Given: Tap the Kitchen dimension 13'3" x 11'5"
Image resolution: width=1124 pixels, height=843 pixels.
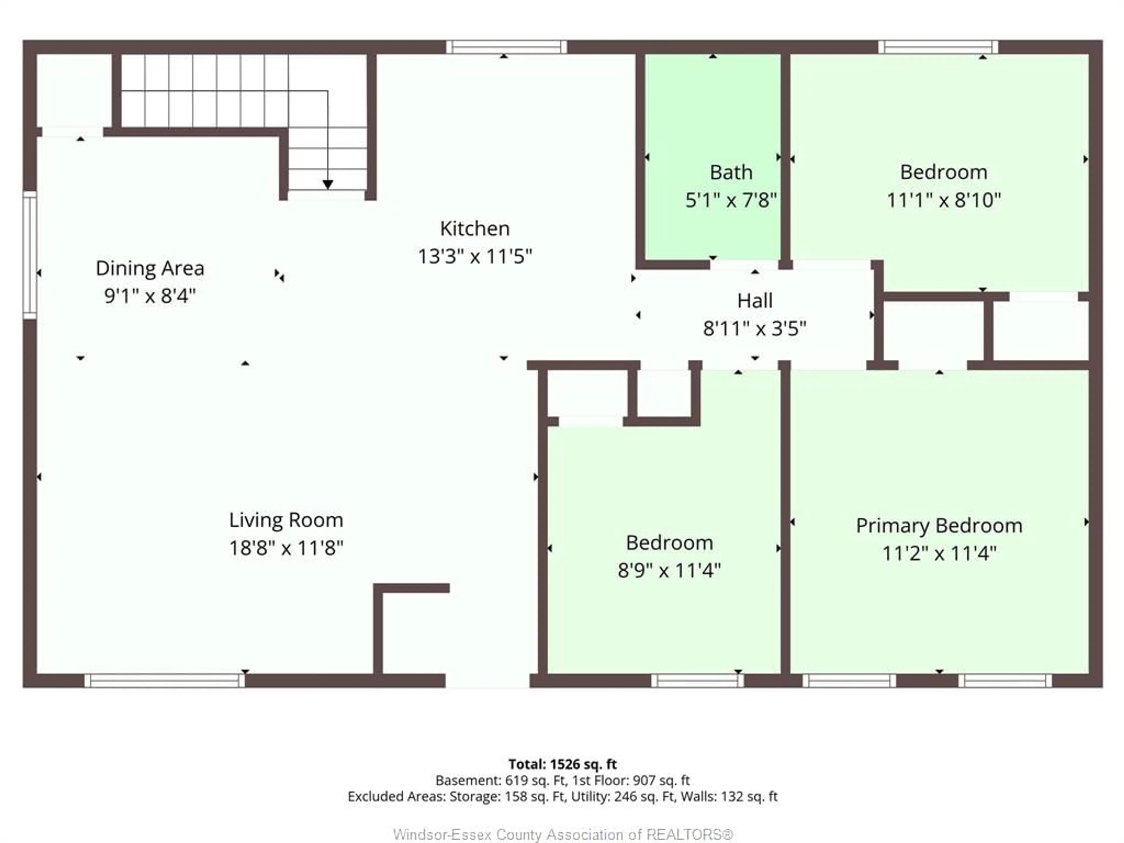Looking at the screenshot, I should (474, 256).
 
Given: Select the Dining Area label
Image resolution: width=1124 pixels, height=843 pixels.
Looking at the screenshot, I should (150, 268).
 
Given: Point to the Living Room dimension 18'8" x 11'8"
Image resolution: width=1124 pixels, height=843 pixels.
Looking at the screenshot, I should (286, 548).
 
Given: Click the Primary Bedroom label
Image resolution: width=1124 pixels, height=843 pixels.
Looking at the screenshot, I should (939, 525).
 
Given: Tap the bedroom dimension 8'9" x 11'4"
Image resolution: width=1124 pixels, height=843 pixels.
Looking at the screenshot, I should (669, 570).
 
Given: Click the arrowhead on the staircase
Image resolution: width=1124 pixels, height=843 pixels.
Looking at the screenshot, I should (328, 184).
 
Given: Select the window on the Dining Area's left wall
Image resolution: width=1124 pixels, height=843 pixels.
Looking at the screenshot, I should (30, 256).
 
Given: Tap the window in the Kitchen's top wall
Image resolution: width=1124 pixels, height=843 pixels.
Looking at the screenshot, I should (506, 47).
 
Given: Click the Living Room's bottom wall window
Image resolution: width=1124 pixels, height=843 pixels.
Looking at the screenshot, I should (164, 680).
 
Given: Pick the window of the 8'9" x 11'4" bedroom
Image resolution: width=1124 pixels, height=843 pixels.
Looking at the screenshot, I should (697, 680).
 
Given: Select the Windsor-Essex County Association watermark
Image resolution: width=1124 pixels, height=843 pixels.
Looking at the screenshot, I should (563, 834).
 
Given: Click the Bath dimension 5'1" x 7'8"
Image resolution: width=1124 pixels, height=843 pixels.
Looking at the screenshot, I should (731, 200).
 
